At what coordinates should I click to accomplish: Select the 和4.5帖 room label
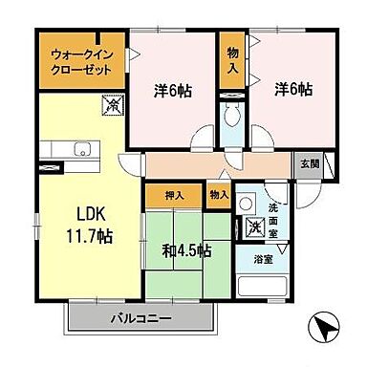pos(188,251)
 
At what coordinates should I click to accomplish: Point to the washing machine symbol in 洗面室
pos(255,227)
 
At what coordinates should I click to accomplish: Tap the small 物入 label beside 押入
pos(218,195)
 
